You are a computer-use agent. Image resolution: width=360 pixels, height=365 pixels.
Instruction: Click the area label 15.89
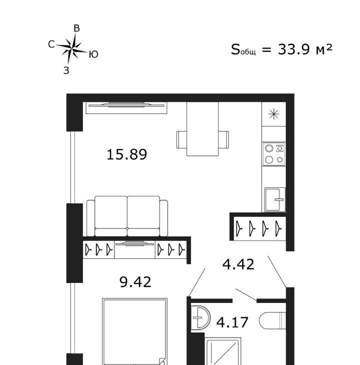[x=127, y=154]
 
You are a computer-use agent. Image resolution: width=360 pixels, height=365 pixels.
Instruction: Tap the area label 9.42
[x=135, y=282]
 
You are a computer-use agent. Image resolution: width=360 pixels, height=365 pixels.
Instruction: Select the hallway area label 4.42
[x=238, y=264]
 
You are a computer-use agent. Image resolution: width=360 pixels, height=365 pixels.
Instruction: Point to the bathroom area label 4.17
[x=232, y=322]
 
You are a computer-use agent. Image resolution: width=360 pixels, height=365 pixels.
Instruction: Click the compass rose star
[x=72, y=48]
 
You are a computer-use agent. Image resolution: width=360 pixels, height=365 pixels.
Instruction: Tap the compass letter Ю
[x=93, y=54]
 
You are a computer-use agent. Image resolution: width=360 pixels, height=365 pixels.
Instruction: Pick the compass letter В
[x=77, y=28]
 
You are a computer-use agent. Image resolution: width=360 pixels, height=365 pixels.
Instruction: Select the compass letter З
[x=66, y=70]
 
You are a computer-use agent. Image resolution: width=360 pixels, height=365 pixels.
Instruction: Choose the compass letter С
[x=51, y=44]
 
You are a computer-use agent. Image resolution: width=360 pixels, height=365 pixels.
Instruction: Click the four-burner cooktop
[x=274, y=154]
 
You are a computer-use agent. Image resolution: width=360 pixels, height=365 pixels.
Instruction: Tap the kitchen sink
[x=275, y=199]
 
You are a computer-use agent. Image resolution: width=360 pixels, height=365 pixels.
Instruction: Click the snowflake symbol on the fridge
[x=273, y=114]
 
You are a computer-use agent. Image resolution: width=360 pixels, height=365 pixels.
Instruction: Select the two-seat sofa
[x=127, y=216]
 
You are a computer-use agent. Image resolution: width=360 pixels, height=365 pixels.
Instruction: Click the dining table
[x=202, y=128]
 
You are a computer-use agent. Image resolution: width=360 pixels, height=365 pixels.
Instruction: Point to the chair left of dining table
[x=181, y=139]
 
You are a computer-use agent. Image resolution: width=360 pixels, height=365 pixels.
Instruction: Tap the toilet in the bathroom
[x=272, y=320]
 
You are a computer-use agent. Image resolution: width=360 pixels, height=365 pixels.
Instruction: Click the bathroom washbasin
[x=200, y=317]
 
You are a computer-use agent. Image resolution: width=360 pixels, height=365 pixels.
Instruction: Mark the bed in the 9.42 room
[x=134, y=331]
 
